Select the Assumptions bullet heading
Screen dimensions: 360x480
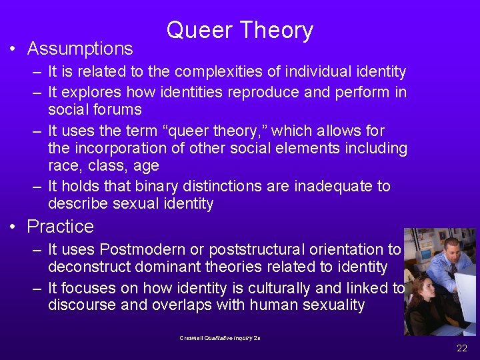80,49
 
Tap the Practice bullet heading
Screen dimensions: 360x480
60,227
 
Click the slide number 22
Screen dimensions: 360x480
461,348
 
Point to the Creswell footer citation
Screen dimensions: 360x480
219,338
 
